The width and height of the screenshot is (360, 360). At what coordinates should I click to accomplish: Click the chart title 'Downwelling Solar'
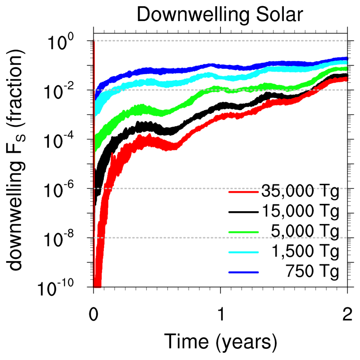[x=220, y=15]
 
